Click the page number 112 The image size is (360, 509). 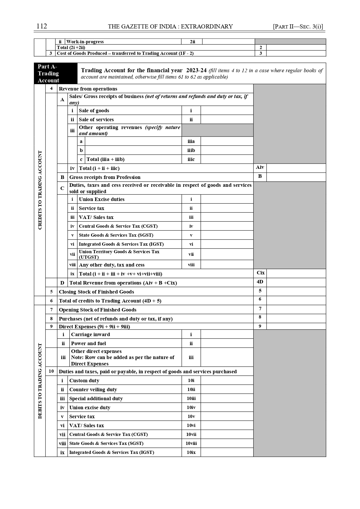pos(42,26)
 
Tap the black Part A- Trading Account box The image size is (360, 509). pos(55,73)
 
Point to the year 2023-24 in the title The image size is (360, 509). pos(196,70)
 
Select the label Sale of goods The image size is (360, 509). pos(94,111)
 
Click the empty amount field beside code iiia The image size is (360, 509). pos(227,141)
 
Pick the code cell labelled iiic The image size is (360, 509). pos(191,159)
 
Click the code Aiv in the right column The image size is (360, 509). pos(260,167)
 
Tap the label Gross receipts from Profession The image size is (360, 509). pos(105,177)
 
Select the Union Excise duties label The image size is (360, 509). pos(102,199)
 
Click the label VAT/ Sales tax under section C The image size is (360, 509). pos(96,217)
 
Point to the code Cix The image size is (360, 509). pos(260,273)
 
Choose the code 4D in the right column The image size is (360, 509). pos(260,282)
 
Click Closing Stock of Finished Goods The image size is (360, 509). pos(96,292)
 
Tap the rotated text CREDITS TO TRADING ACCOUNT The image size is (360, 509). pos(40,190)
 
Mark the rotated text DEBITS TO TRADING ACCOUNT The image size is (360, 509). pos(40,381)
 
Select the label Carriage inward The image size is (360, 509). pos(91,334)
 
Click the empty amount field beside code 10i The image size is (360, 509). pos(227,381)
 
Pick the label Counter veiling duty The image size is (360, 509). pos(93,390)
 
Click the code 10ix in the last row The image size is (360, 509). pos(191,452)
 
